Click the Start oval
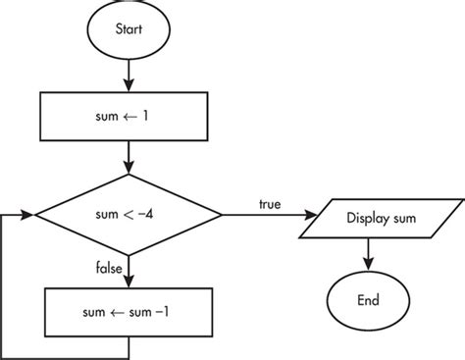129,30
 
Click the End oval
369,299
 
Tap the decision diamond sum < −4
129,215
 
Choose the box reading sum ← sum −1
129,313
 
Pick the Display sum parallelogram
369,215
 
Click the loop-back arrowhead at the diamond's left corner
29,215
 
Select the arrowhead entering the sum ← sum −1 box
129,283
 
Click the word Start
129,30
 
